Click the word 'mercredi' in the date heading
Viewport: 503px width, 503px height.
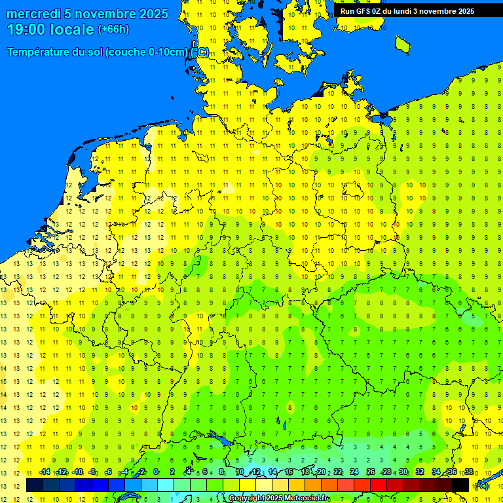pos(33,14)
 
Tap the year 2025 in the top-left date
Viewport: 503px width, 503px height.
pos(153,14)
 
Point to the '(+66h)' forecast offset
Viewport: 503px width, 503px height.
pos(113,29)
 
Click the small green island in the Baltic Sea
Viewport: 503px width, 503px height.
pos(403,44)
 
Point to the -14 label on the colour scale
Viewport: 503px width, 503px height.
pos(44,472)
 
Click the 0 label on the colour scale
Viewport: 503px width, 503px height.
pos(156,472)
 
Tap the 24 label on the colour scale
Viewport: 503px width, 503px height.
pos(354,472)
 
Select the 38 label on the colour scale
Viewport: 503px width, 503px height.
pos(468,472)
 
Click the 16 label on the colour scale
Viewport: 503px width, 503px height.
pos(289,472)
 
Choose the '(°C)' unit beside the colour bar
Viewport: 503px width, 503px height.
pos(481,485)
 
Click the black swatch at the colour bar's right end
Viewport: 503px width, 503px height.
pos(460,485)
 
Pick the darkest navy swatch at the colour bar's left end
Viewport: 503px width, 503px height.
pos(35,485)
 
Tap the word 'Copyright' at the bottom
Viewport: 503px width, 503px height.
pos(248,498)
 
